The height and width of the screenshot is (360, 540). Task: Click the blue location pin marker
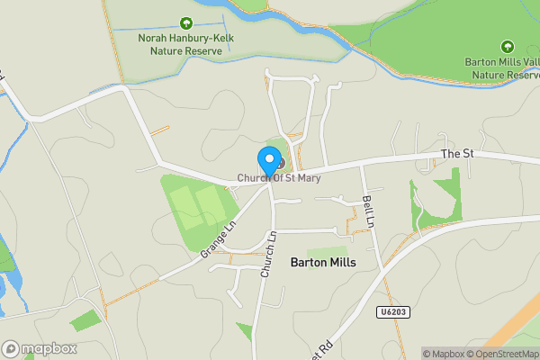(x=268, y=161)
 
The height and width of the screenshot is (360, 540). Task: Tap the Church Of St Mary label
(x=279, y=178)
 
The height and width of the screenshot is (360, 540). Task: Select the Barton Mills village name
(x=323, y=262)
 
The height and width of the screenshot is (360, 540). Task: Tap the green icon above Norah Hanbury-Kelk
(x=186, y=23)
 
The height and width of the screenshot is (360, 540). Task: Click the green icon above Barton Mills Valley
(x=507, y=47)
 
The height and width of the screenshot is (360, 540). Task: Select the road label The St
(x=457, y=154)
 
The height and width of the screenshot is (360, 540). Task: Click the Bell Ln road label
(x=367, y=210)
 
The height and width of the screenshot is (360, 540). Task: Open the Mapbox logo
(x=40, y=348)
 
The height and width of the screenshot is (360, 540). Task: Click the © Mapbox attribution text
(x=443, y=354)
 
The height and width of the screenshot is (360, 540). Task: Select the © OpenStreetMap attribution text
(x=503, y=354)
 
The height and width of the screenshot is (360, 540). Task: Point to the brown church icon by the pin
(x=279, y=163)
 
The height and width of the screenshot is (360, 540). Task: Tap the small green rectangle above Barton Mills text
(x=326, y=251)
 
